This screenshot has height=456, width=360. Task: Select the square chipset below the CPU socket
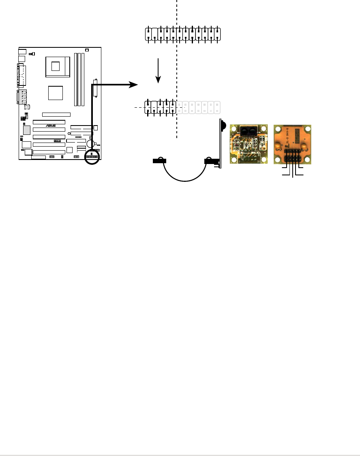pos(56,93)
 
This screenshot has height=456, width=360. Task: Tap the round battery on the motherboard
pos(90,145)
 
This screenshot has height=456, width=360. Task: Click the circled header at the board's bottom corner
pos(92,156)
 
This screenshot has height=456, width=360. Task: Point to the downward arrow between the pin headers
pos(159,71)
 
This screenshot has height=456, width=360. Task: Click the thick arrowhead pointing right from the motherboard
pos(133,84)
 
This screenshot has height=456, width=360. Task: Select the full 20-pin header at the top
pos(183,35)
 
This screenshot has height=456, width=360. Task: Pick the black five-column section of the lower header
pos(161,107)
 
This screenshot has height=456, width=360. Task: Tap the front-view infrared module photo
pos(249,144)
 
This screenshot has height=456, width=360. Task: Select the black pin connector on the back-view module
pos(293,156)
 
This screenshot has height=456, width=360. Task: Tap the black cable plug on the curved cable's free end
pos(160,161)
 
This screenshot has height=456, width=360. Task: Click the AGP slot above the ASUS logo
pos(56,115)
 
